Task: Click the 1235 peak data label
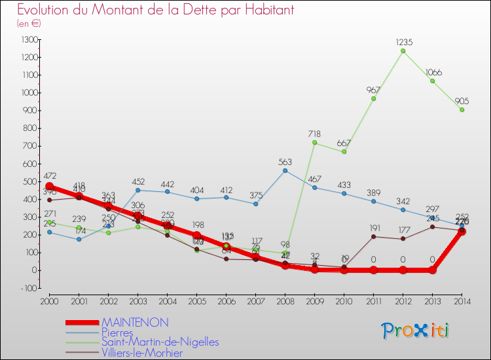(x=403, y=42)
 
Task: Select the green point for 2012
(x=403, y=51)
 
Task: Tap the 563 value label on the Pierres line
(x=285, y=162)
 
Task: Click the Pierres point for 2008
(x=285, y=170)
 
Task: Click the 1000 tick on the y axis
(x=29, y=93)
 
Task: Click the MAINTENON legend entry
(x=135, y=322)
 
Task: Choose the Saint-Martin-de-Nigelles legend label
(x=160, y=342)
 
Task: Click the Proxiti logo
(x=416, y=331)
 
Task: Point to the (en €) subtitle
(x=29, y=24)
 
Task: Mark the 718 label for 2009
(x=314, y=134)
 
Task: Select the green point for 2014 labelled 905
(x=462, y=109)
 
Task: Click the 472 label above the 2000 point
(x=49, y=177)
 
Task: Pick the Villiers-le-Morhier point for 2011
(x=373, y=236)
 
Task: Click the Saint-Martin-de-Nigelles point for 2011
(x=373, y=99)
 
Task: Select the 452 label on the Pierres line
(x=137, y=182)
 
